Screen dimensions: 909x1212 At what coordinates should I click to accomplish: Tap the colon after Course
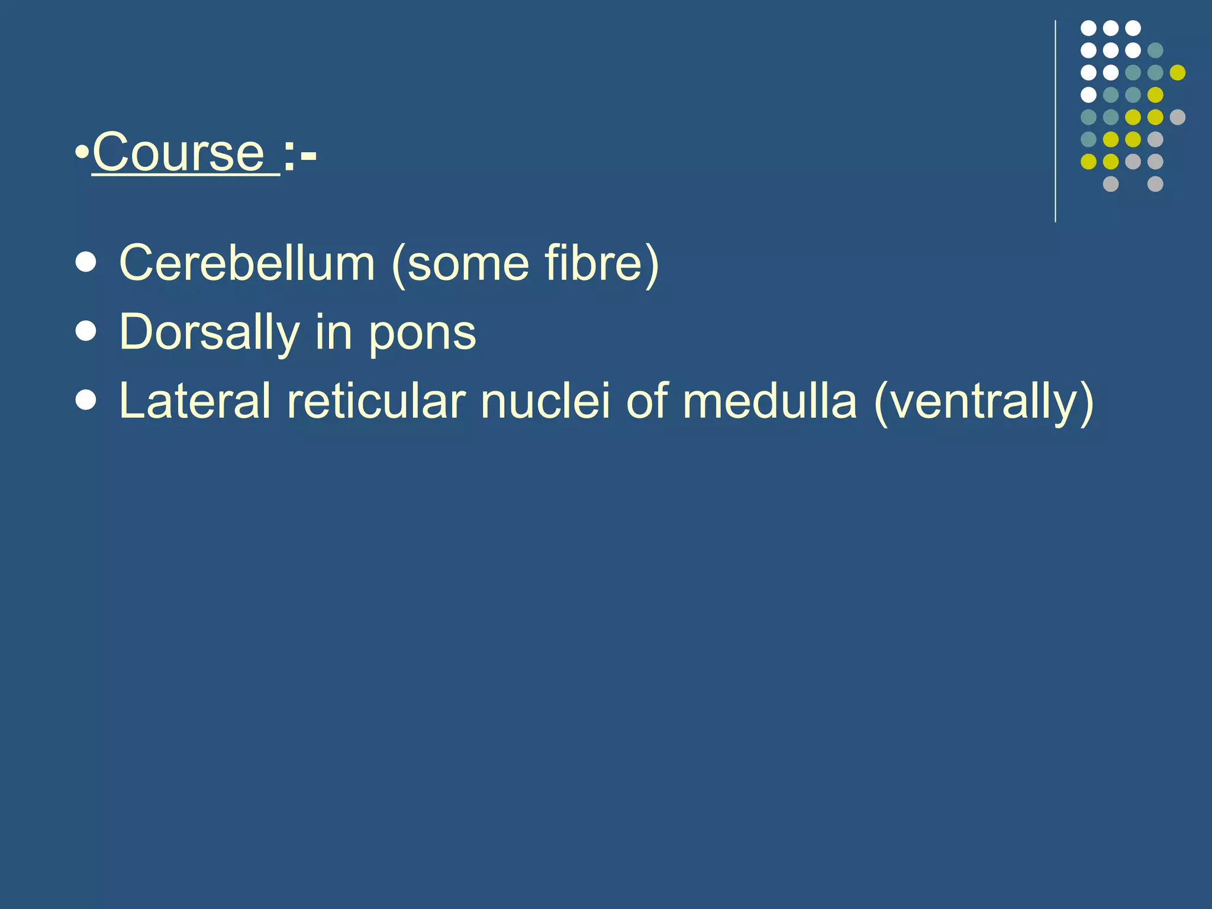tap(289, 157)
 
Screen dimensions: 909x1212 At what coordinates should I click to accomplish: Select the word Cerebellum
tap(247, 263)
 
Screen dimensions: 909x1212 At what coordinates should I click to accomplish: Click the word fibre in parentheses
tap(592, 263)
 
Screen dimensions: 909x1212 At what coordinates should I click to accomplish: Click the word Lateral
tap(195, 401)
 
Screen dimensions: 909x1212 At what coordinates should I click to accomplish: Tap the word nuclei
tap(545, 401)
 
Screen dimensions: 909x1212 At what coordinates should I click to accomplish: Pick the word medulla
tap(769, 401)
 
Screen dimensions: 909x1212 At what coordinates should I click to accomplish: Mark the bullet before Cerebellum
tap(86, 263)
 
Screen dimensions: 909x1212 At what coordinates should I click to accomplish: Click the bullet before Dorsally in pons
tap(86, 332)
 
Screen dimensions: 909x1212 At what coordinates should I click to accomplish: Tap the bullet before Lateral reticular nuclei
tap(86, 401)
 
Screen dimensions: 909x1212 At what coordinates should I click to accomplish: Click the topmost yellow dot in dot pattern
tap(1177, 72)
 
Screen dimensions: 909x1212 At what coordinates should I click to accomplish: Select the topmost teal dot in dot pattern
tap(1155, 50)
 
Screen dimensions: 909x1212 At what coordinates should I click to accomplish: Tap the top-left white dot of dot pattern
tap(1088, 28)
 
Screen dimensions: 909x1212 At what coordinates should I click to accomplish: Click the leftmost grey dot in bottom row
tap(1110, 184)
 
